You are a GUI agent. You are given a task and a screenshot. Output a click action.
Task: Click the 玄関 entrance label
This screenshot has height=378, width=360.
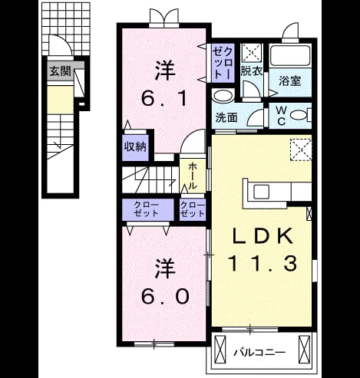pos(60,71)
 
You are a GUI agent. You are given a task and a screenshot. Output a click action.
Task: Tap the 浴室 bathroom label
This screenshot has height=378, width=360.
pos(289,81)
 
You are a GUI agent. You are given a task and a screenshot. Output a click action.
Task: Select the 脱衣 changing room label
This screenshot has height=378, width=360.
pos(252,71)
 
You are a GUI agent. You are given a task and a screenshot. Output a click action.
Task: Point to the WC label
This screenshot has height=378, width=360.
pos(281,116)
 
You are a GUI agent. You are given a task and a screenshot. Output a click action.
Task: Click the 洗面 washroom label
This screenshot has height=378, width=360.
pos(226,117)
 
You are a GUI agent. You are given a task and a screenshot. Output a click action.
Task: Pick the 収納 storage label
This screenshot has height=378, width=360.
pos(135,146)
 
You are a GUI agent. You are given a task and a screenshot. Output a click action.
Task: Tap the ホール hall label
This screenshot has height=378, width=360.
pos(193,176)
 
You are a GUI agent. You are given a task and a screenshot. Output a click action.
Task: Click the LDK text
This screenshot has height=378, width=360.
pos(263,235)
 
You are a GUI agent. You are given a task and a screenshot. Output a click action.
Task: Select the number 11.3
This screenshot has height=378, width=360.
pos(263,263)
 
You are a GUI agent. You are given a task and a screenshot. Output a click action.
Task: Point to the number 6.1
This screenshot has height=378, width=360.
pos(164,98)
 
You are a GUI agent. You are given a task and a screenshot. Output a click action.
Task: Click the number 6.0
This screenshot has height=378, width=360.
pos(166,296)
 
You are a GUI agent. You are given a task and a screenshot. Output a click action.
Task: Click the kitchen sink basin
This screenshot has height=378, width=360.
pos(261,192)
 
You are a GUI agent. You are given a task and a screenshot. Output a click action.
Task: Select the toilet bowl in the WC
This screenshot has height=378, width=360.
pos(299,115)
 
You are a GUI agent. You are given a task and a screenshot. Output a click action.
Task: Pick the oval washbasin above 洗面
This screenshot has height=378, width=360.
pos(223,97)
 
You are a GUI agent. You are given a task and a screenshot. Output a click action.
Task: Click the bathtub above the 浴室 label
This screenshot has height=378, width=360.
pos(290,55)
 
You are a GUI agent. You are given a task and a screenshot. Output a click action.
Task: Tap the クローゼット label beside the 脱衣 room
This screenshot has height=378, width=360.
pos(223,63)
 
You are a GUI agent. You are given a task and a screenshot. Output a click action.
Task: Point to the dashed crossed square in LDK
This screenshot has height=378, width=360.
pos(301,150)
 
